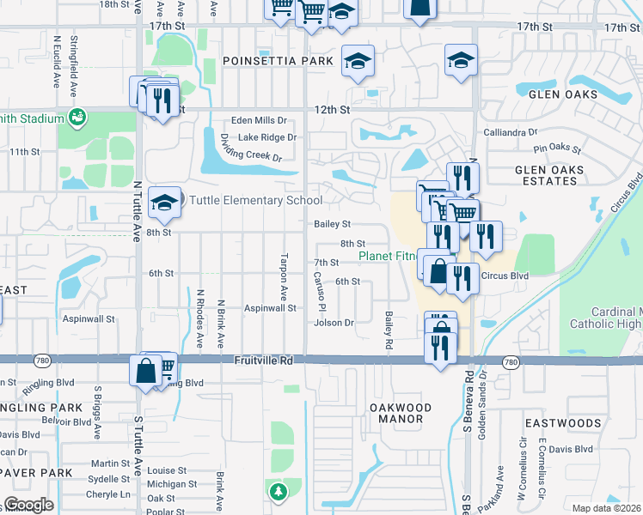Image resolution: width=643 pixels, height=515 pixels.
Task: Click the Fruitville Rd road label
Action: [263, 362]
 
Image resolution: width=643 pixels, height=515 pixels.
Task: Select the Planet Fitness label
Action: [388, 256]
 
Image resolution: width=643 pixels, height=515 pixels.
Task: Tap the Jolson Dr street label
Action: [334, 323]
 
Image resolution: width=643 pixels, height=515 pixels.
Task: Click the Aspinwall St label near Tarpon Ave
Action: [270, 307]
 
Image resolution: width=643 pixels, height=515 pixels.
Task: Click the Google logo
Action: [28, 505]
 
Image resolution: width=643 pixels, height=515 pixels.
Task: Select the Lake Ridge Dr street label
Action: [267, 137]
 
